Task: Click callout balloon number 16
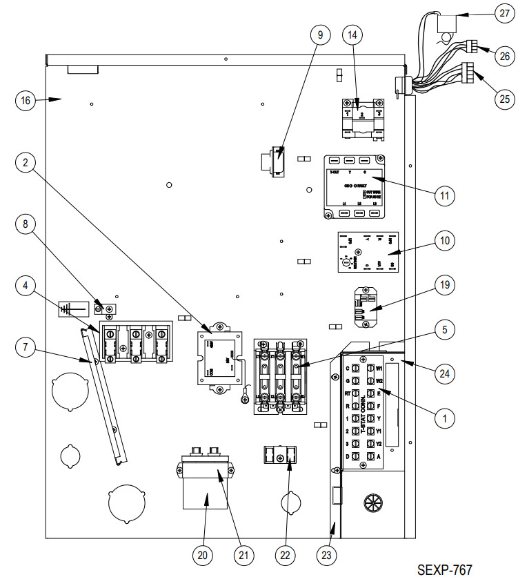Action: click(26, 101)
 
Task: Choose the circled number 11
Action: click(444, 195)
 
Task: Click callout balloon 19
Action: click(445, 284)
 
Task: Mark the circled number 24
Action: click(445, 375)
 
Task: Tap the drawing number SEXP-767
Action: click(444, 569)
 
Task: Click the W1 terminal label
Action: click(379, 369)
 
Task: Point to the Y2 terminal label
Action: click(379, 443)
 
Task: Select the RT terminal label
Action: click(348, 393)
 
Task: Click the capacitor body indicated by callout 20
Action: click(205, 496)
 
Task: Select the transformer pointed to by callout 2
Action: click(219, 359)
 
